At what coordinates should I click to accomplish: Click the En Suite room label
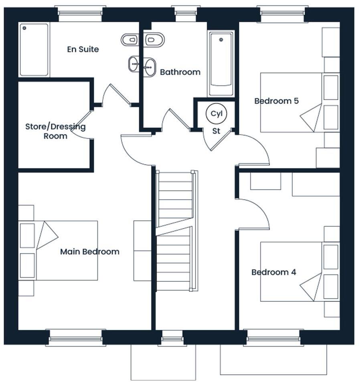pos(83,50)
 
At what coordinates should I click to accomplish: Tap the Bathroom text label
pos(180,73)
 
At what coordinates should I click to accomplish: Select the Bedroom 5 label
pos(276,101)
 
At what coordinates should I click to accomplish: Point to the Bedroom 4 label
pos(273,273)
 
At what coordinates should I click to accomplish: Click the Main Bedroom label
pos(89,252)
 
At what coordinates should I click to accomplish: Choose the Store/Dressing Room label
pos(55,131)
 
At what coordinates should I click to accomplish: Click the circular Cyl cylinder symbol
pos(216,113)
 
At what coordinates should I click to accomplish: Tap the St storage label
pos(216,131)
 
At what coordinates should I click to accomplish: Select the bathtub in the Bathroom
pos(221,64)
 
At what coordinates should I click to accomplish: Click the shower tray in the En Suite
pos(34,50)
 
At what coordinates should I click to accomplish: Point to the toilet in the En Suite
pos(129,39)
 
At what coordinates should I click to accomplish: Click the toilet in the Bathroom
pos(154,40)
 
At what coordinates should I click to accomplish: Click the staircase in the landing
pos(176,230)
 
